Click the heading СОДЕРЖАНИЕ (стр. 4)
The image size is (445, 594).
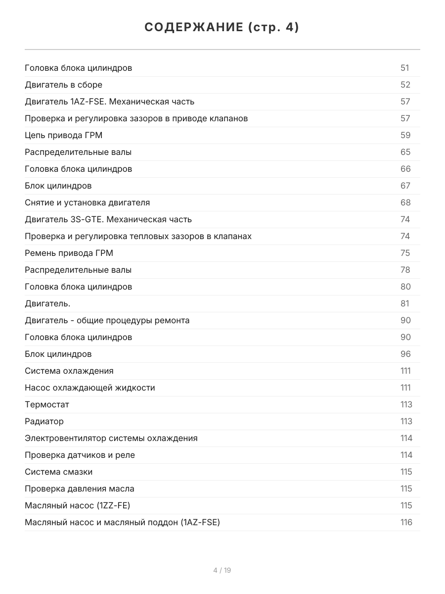click(222, 28)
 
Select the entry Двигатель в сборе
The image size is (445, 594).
click(64, 85)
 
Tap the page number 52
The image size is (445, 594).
click(405, 85)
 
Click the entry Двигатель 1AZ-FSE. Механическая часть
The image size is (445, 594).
click(110, 101)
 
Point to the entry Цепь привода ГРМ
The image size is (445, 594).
click(64, 135)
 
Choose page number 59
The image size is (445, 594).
click(405, 135)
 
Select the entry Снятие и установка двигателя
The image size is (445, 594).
click(88, 202)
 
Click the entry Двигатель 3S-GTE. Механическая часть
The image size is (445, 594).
click(108, 219)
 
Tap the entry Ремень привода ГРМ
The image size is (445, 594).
click(69, 253)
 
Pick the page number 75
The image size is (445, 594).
click(405, 253)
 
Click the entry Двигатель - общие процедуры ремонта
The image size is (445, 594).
click(107, 320)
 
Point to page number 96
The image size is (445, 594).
click(405, 354)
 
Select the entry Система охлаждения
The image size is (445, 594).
click(69, 371)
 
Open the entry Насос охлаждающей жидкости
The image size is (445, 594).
click(90, 388)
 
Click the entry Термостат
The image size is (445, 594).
click(47, 404)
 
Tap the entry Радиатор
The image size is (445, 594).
click(44, 421)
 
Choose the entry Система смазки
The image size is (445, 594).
click(59, 472)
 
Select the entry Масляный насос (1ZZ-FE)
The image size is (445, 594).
click(78, 505)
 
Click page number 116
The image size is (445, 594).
click(406, 522)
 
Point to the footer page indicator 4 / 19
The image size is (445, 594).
click(222, 570)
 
